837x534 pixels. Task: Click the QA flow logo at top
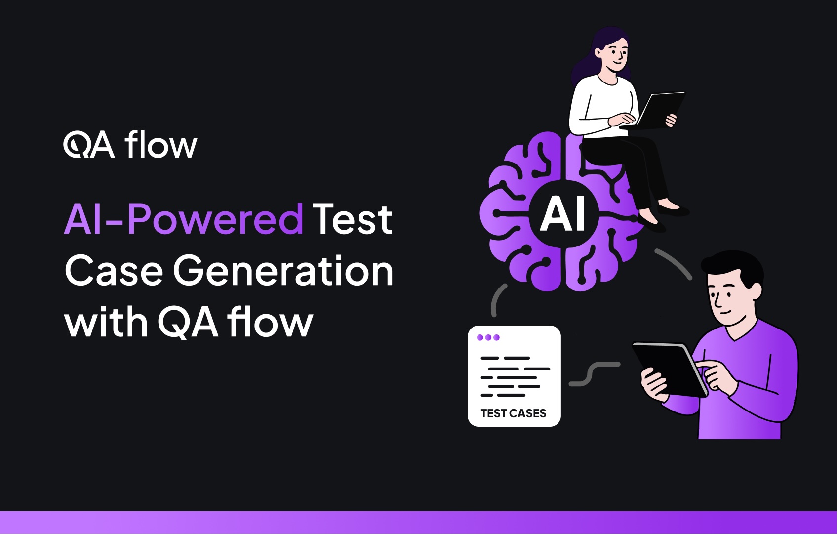[130, 145]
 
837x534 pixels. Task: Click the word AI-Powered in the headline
[183, 218]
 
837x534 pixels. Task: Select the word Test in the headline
[352, 218]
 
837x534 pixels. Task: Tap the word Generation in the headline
[283, 271]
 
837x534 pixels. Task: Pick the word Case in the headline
[114, 271]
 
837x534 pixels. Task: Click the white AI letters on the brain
[562, 214]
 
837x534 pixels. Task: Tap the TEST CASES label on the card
[514, 413]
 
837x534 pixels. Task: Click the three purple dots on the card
[488, 337]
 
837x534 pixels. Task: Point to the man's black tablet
[670, 368]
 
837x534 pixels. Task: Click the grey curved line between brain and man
[674, 263]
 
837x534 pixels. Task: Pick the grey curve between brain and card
[498, 299]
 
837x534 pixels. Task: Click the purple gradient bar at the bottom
[418, 522]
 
